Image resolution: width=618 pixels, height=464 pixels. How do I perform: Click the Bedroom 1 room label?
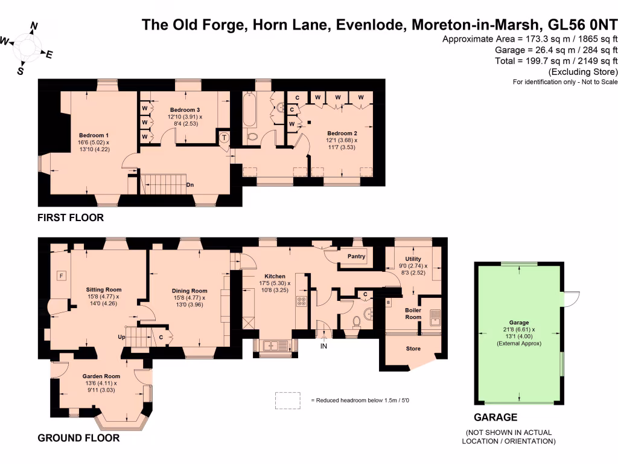(x=94, y=135)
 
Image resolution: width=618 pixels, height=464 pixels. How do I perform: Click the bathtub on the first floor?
(x=249, y=110)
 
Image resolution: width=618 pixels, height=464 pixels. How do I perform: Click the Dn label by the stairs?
(x=190, y=185)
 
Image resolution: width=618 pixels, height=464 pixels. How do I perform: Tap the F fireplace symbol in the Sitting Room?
(x=60, y=276)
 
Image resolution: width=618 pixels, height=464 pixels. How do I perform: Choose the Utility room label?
(x=413, y=259)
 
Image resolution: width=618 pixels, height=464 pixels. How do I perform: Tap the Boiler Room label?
(x=413, y=313)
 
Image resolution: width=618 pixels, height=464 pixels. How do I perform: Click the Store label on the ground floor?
(x=413, y=349)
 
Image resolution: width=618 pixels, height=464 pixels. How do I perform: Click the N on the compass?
(x=34, y=26)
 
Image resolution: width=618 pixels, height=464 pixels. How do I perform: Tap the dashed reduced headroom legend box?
(x=287, y=400)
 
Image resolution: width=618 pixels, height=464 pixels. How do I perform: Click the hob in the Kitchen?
(x=301, y=301)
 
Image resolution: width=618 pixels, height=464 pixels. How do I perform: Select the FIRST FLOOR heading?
(x=70, y=217)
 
